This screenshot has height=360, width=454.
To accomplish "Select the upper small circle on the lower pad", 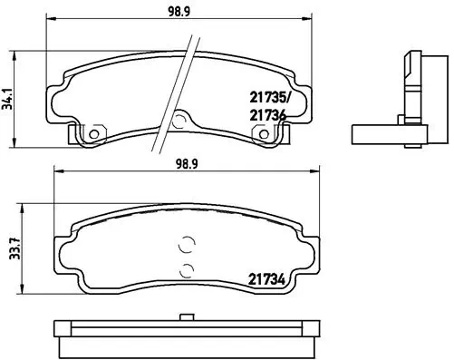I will tap(188, 244).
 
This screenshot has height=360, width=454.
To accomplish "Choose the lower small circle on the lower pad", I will tap(188, 269).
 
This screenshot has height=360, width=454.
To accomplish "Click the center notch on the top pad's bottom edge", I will tap(179, 120).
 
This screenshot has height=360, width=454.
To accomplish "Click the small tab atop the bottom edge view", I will tap(188, 317).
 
